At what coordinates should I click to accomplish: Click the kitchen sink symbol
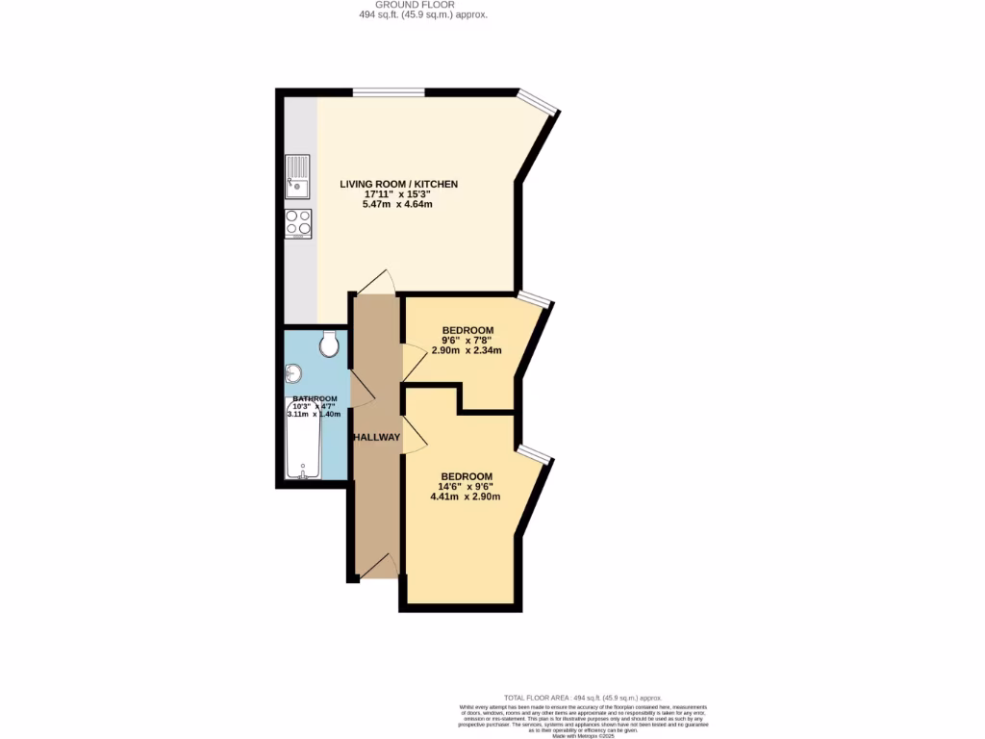point(297,175)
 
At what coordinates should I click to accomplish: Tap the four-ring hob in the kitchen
point(297,223)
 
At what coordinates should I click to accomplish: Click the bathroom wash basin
point(292,373)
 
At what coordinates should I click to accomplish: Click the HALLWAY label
point(376,437)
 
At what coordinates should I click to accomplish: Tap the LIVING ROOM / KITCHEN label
point(398,184)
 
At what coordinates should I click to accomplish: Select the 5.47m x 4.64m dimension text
point(398,205)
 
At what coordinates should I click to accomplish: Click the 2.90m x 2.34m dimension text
point(467,350)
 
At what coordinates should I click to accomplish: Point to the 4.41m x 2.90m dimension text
point(467,497)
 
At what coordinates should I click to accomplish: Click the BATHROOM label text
point(315,398)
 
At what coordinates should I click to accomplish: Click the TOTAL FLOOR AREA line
point(583,697)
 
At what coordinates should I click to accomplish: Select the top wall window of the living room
point(389,92)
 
